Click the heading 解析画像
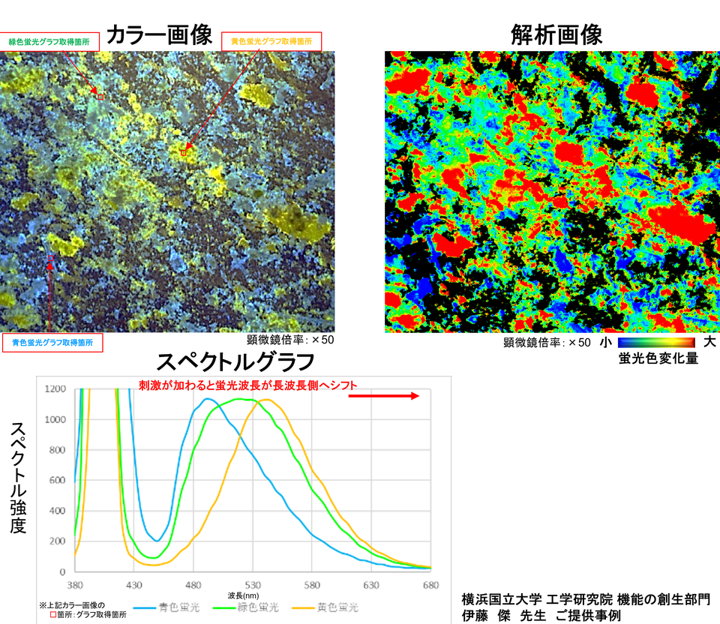pyautogui.click(x=556, y=34)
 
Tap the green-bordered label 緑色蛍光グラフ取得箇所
pyautogui.click(x=49, y=42)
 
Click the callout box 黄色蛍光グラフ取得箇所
pyautogui.click(x=271, y=42)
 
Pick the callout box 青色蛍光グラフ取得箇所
pyautogui.click(x=52, y=343)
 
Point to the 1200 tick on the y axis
pyautogui.click(x=55, y=389)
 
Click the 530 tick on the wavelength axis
pyautogui.click(x=253, y=584)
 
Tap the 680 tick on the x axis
pyautogui.click(x=430, y=584)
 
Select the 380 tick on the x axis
pyautogui.click(x=75, y=584)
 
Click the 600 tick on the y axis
pyautogui.click(x=58, y=481)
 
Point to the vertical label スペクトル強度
pyautogui.click(x=18, y=479)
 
